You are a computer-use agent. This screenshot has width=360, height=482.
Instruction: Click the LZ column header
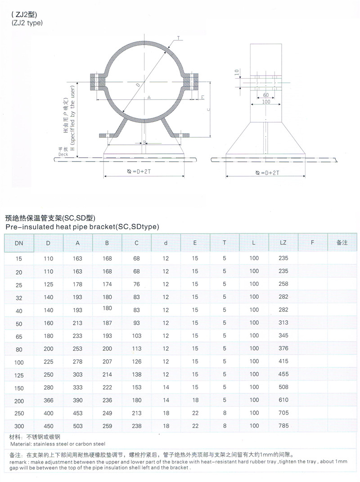click(x=283, y=243)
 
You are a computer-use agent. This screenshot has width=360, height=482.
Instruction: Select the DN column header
click(x=18, y=243)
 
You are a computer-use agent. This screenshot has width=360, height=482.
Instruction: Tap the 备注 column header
click(x=342, y=243)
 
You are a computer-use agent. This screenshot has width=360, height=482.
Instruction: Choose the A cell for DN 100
click(x=78, y=361)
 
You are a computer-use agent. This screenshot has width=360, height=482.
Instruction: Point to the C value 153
click(x=136, y=387)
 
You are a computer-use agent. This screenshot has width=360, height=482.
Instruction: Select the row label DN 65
click(x=18, y=336)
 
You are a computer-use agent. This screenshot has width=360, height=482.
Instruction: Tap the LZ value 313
click(x=283, y=323)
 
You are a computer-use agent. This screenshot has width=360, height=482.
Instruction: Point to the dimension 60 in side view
click(x=265, y=95)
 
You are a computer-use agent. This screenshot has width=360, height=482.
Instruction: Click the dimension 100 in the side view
click(x=266, y=103)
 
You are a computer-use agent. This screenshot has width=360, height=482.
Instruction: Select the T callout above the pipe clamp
click(x=178, y=40)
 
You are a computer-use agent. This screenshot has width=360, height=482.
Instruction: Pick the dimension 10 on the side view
click(x=237, y=73)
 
